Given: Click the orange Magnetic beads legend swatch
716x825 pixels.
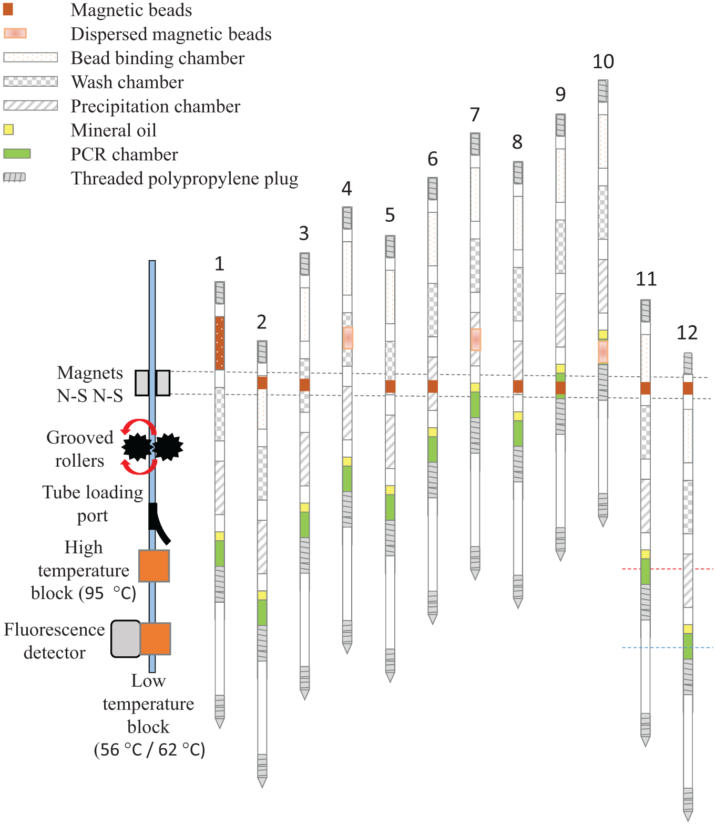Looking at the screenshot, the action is [8, 9].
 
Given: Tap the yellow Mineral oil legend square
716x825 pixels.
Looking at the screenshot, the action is [8, 130].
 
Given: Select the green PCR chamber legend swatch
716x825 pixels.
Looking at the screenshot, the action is [17, 153].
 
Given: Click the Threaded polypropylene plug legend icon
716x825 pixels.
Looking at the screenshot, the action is [14, 177].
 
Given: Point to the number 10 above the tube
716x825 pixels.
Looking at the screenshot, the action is [603, 61].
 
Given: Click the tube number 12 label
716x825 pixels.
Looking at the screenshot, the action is [687, 333].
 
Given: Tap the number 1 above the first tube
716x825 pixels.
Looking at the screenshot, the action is [219, 263].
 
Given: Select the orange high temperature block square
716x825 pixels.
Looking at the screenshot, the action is [154, 566].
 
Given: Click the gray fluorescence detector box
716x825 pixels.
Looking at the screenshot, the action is [126, 638].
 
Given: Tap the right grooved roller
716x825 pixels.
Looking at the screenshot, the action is [168, 447].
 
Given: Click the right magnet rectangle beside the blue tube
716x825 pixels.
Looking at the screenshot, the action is [163, 383].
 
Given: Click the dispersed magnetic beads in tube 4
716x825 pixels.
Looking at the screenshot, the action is [347, 338].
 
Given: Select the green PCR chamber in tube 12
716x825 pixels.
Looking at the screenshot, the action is [688, 646].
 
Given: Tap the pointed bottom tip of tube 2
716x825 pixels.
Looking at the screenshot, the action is [262, 786].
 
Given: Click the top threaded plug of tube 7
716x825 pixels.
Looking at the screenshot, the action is [475, 144].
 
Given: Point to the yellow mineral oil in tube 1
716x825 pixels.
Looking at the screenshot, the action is [219, 536].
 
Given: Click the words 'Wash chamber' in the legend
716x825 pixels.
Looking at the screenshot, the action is [127, 82].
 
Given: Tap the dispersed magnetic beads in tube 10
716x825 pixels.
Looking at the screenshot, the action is [603, 352].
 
